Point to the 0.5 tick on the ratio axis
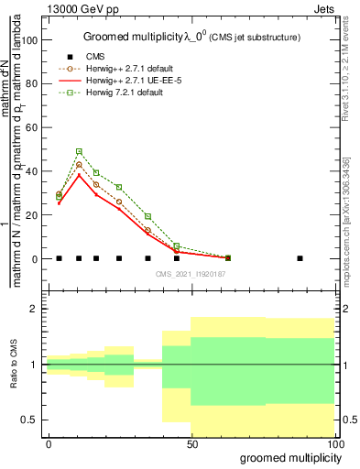(32, 420)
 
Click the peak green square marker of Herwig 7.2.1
(79, 151)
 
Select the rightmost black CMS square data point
(300, 258)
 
